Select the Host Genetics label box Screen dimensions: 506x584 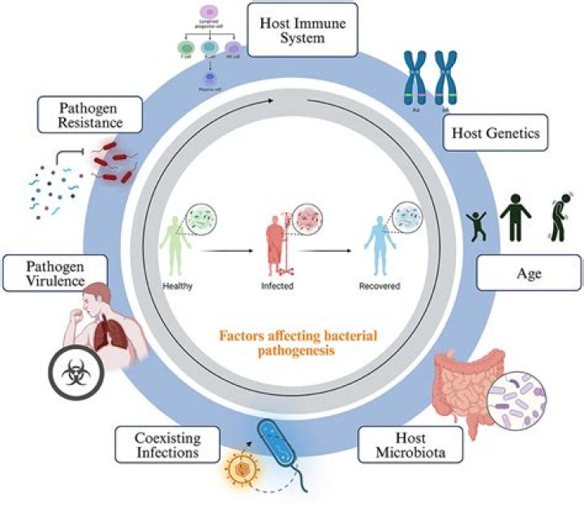(496, 134)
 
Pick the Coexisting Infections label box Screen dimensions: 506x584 (169, 444)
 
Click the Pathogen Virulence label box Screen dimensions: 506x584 (54, 273)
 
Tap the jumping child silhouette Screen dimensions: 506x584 (478, 223)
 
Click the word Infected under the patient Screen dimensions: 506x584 (277, 287)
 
